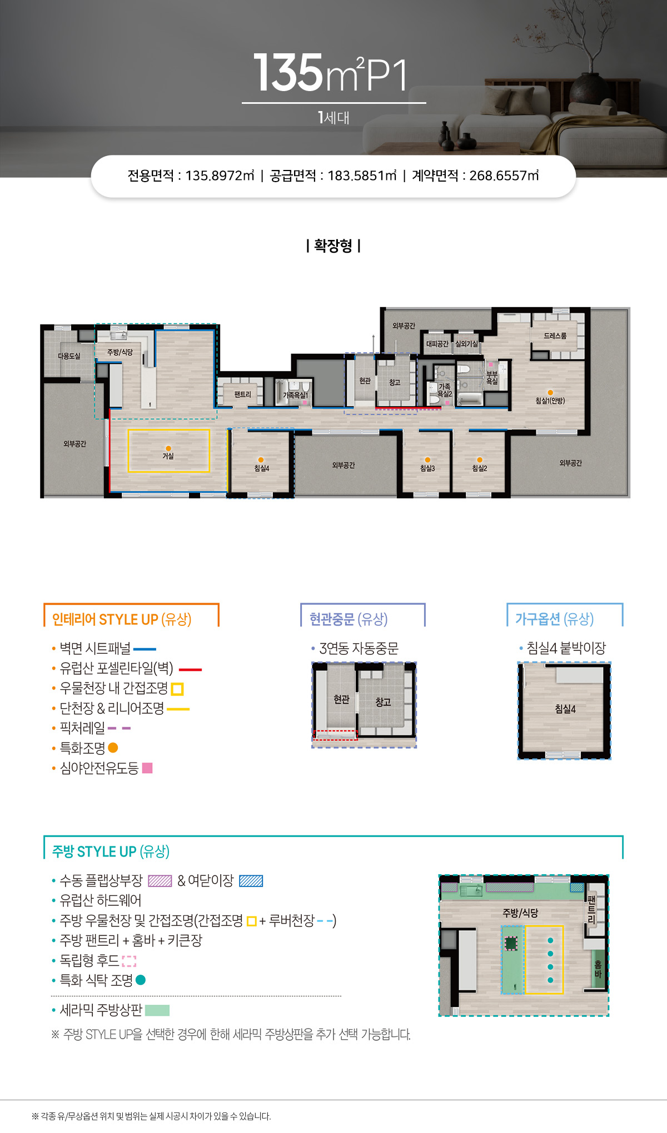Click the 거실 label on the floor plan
coord(168,456)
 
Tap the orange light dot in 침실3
coord(427,460)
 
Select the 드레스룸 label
coord(555,336)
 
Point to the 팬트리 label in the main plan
coord(243,394)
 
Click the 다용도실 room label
coord(69,356)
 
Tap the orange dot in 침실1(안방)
coord(550,393)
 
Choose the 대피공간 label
coord(437,344)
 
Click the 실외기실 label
coord(467,344)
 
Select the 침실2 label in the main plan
coord(480,468)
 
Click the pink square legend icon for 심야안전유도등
coord(147,768)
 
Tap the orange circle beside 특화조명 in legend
coord(113,748)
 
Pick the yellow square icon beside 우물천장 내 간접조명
coord(177,689)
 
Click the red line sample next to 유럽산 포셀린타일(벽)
coord(190,670)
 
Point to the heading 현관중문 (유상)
coord(349,619)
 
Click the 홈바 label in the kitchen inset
coord(598,969)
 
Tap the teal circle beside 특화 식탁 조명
coord(141,980)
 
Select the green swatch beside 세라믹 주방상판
coord(157,1010)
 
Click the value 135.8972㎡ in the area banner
coord(220,176)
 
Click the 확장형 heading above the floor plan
coord(333,245)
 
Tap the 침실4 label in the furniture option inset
coord(565,709)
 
